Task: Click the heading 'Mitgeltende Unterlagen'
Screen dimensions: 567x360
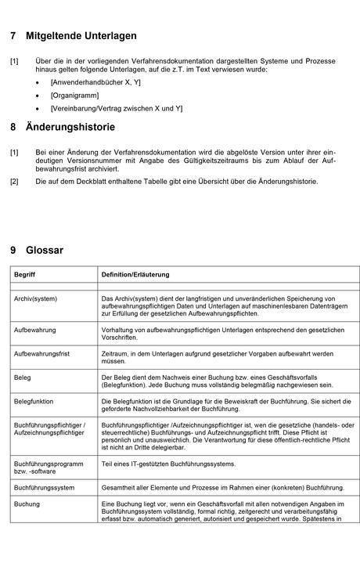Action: (81, 36)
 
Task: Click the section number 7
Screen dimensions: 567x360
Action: (13, 36)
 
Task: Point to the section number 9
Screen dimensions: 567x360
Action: (13, 251)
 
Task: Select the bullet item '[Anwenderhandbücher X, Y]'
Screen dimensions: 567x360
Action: (95, 81)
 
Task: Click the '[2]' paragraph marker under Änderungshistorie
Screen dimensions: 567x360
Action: (15, 182)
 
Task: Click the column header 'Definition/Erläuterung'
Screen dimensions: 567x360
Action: (135, 275)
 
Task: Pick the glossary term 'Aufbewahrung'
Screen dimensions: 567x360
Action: (35, 330)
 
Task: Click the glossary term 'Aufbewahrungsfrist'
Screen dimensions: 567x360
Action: (42, 354)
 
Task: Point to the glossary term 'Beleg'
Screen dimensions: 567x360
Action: (23, 377)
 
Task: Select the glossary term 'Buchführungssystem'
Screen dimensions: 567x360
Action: (45, 487)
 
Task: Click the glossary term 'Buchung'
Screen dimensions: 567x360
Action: (27, 504)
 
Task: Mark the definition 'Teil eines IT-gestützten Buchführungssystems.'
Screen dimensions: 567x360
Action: (168, 464)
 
